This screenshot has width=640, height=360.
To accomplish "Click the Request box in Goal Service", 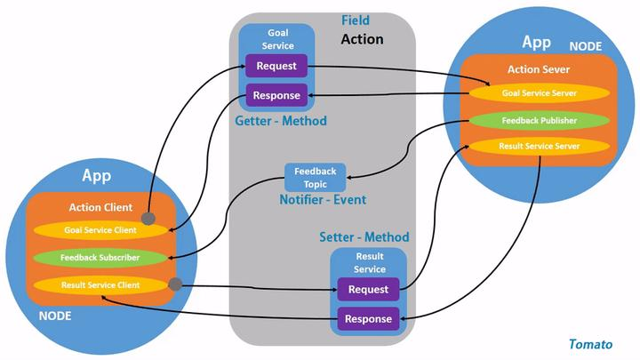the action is (x=276, y=66).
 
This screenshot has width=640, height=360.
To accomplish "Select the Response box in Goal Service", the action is (x=276, y=95).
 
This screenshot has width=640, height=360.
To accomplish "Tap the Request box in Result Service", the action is (x=368, y=290).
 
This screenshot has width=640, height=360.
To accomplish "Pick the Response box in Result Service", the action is (x=368, y=319).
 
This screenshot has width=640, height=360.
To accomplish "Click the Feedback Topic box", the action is (x=315, y=178).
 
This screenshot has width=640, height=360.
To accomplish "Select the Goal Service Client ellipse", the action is (x=100, y=230).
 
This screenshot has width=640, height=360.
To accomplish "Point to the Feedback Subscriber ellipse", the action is (x=100, y=258).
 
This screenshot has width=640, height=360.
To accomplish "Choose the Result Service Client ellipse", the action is (x=100, y=285).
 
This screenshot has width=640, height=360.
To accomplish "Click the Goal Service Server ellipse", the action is (x=540, y=93).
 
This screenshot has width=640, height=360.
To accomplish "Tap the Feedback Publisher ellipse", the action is (x=540, y=120).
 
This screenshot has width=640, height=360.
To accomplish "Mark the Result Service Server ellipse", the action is (x=540, y=146).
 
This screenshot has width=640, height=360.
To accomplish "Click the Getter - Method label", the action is (x=281, y=121).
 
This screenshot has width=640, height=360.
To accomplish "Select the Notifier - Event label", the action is (x=323, y=200).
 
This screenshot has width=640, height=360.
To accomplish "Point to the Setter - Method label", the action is (x=364, y=236).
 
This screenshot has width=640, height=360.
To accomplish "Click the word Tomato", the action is (x=590, y=345).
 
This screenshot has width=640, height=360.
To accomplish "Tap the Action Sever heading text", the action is (x=539, y=69).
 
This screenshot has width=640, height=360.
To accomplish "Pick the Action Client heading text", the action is (x=100, y=207).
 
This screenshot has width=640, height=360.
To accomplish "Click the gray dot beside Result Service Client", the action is (x=175, y=284).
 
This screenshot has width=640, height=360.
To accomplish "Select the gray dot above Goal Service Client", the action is (x=148, y=219).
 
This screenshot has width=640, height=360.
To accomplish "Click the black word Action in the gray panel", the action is (x=362, y=39).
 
